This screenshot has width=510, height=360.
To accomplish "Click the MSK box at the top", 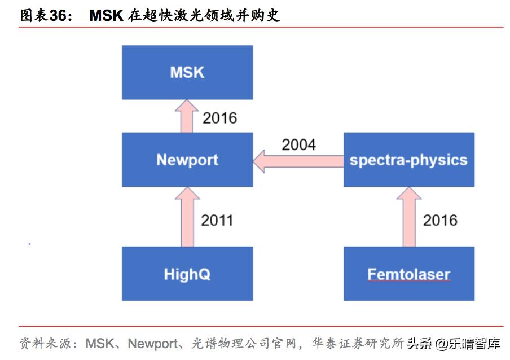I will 187,72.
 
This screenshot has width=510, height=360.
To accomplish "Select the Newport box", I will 187,160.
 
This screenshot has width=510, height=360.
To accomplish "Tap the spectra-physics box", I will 408,160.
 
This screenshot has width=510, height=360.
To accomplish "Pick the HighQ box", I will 187,274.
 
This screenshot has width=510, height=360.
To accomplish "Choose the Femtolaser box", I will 408,274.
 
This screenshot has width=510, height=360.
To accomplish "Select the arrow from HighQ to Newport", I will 186,217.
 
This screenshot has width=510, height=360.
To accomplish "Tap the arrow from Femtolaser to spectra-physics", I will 408,217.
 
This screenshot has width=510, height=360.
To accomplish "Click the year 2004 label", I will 298,144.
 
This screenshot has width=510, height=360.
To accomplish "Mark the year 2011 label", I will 217,220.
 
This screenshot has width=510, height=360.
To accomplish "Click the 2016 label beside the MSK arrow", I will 219,118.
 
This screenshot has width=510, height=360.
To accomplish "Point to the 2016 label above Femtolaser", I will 440,220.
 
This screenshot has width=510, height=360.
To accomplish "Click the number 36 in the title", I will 58,15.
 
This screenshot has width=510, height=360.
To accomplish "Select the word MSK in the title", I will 106,15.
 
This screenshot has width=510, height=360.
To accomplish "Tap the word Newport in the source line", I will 153,343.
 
